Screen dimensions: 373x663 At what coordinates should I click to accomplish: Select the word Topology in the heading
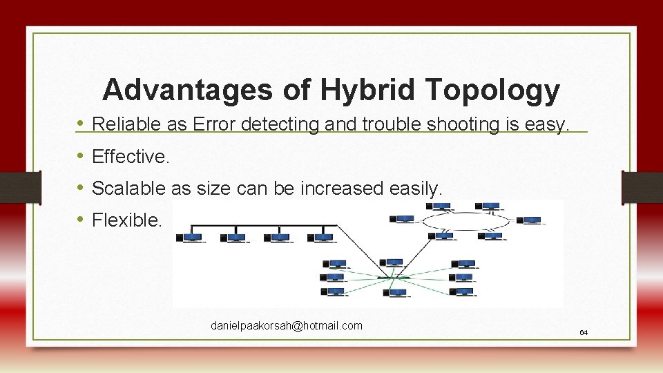(x=493, y=90)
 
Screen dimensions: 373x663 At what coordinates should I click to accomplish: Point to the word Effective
(x=130, y=157)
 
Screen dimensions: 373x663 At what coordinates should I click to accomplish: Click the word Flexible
(x=127, y=220)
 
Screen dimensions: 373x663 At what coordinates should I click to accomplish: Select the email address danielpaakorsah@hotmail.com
(x=286, y=326)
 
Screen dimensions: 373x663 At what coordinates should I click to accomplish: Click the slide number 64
(x=584, y=333)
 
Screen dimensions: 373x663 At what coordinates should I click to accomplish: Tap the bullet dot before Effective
(x=81, y=157)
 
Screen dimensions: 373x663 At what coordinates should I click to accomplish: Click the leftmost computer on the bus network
(x=191, y=238)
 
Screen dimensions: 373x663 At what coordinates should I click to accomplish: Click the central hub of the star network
(x=392, y=278)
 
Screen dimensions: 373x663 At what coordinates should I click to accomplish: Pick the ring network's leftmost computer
(x=403, y=220)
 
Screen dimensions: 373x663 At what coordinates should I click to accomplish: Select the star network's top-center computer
(x=393, y=263)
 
